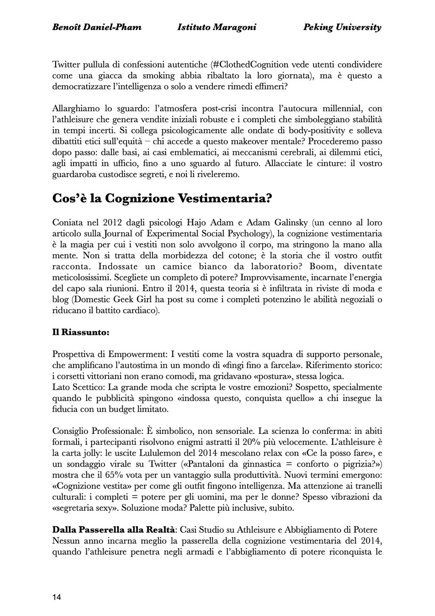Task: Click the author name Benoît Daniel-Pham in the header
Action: [x=96, y=28]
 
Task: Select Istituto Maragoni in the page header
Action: [x=217, y=28]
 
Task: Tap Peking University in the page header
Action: [x=342, y=28]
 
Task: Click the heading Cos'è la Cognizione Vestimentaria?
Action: [x=162, y=198]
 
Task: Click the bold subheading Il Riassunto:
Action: [x=80, y=332]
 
